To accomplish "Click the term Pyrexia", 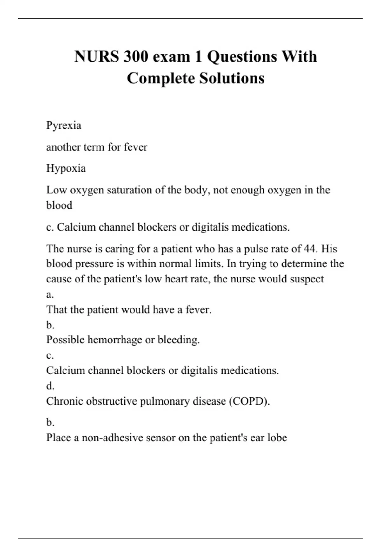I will coord(63,126).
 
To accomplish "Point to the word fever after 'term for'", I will coord(136,147).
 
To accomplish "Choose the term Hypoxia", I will coord(66,168).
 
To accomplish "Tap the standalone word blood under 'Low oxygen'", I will coord(59,205).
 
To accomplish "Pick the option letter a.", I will coord(50,295).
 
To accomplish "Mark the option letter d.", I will coord(50,386).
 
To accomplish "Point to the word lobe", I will coord(277,438).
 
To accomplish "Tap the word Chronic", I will coord(64,401).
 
